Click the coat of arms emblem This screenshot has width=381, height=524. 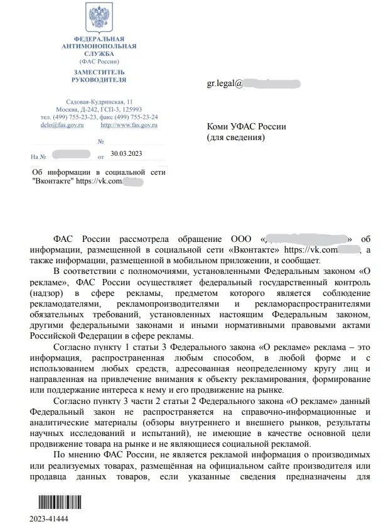click(x=99, y=19)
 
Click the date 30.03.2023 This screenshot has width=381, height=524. click(x=126, y=153)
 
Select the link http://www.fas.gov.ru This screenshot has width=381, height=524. click(x=129, y=125)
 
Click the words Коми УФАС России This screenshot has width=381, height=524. click(x=246, y=126)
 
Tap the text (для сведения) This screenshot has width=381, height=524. click(x=237, y=136)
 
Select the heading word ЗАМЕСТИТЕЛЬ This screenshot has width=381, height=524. click(x=99, y=73)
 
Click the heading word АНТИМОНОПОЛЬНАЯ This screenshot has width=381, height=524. click(x=99, y=47)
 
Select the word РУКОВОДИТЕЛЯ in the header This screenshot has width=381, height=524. click(x=99, y=80)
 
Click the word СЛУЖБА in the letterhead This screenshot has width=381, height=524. click(x=99, y=54)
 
